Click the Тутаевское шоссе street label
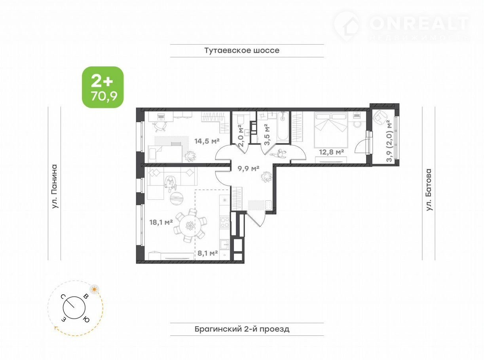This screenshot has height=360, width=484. coord(242,50)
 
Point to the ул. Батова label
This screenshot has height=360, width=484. coord(429,189)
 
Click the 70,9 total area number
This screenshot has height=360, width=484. coord(104,96)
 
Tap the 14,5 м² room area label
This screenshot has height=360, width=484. coord(207,141)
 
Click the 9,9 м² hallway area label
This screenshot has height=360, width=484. coord(248,168)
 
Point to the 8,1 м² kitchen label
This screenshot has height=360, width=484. coord(207,253)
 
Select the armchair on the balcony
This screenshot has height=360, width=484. coord(380,117)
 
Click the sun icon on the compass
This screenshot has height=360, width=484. coord(94,289)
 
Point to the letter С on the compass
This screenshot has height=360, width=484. coord(63,296)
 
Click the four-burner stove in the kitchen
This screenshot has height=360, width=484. coord(224,222)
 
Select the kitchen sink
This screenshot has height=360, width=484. coord(224,245)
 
